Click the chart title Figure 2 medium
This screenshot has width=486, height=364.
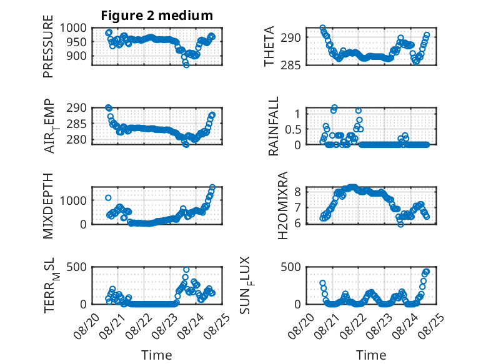coord(157,16)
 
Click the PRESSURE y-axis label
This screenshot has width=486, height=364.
coord(48,46)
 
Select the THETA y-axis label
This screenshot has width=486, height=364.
coord(269,46)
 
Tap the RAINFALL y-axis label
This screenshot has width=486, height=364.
coord(274,126)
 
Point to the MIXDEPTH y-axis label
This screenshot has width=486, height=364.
coord(48,206)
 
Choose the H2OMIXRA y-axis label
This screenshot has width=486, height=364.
coord(283,205)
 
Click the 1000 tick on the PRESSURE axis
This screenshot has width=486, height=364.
coord(73,28)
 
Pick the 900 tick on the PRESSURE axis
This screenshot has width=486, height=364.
coord(77,56)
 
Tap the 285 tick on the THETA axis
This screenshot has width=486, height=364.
coord(290,66)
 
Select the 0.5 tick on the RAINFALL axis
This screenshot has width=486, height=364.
coord(293,129)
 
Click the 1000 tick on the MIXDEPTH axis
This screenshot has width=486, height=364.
coord(73,201)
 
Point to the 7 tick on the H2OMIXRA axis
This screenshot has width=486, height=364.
coord(298,207)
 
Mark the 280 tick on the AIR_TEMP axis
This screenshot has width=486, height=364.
coord(77,140)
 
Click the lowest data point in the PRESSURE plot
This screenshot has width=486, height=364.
coord(186,65)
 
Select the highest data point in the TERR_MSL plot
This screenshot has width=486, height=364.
coord(186,270)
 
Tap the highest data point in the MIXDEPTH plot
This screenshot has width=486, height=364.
coord(212,187)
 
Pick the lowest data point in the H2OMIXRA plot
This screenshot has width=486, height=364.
coord(401,224)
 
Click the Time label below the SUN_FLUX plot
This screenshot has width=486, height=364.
coord(371,355)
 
